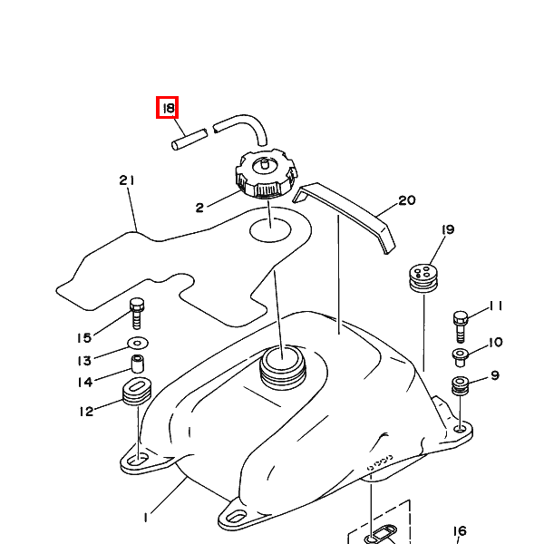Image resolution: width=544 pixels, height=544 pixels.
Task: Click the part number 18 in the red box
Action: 168,109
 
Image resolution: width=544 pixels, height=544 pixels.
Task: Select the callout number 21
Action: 126,180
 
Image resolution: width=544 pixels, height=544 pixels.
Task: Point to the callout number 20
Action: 406,200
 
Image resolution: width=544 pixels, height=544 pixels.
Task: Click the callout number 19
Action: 447,231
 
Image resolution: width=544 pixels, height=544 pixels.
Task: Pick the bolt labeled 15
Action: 138,313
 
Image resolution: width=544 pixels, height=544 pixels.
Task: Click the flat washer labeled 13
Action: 139,344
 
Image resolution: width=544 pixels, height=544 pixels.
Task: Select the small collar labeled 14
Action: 139,364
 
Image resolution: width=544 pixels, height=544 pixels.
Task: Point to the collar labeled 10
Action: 460,354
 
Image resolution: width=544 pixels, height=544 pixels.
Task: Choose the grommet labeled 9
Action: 461,384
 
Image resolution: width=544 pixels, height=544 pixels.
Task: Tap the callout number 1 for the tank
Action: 144,518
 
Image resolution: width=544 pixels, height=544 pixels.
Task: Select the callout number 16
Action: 460,531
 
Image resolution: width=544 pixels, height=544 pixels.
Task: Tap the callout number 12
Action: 87,412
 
